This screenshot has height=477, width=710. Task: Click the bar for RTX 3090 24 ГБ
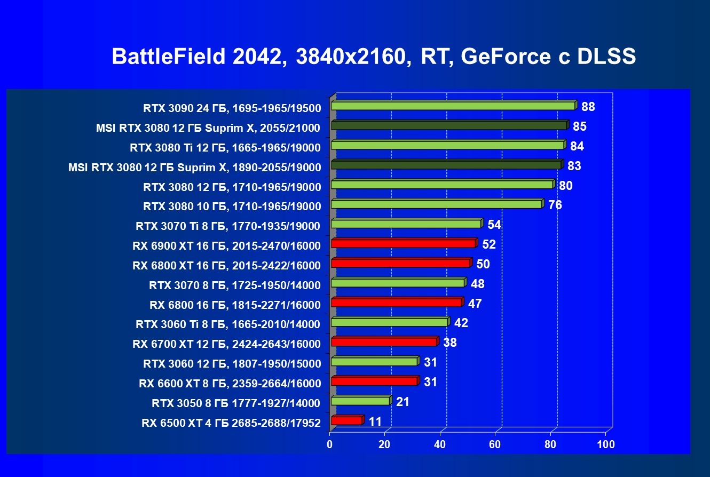point(453,106)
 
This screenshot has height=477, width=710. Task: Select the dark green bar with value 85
point(448,125)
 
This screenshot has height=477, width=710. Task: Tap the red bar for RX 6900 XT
point(403,244)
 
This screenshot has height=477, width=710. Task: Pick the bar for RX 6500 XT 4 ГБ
point(346,421)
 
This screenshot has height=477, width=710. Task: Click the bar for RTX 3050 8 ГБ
point(360,401)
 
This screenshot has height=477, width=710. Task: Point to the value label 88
point(588,107)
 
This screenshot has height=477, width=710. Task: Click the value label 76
point(555,205)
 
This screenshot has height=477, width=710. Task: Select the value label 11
point(375,422)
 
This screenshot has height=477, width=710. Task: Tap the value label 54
point(494,225)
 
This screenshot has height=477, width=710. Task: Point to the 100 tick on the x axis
point(605,444)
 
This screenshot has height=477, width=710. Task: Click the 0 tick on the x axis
point(330,444)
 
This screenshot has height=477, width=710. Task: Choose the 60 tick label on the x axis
point(495,444)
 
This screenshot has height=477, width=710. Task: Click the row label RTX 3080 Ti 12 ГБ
point(225,147)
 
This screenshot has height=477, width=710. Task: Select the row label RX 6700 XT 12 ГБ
point(226,344)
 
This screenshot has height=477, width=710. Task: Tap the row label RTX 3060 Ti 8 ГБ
point(228,324)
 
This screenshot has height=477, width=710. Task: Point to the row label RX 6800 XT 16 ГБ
point(226,265)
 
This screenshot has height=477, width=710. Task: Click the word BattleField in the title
point(168,57)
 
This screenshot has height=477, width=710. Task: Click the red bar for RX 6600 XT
point(374,381)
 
